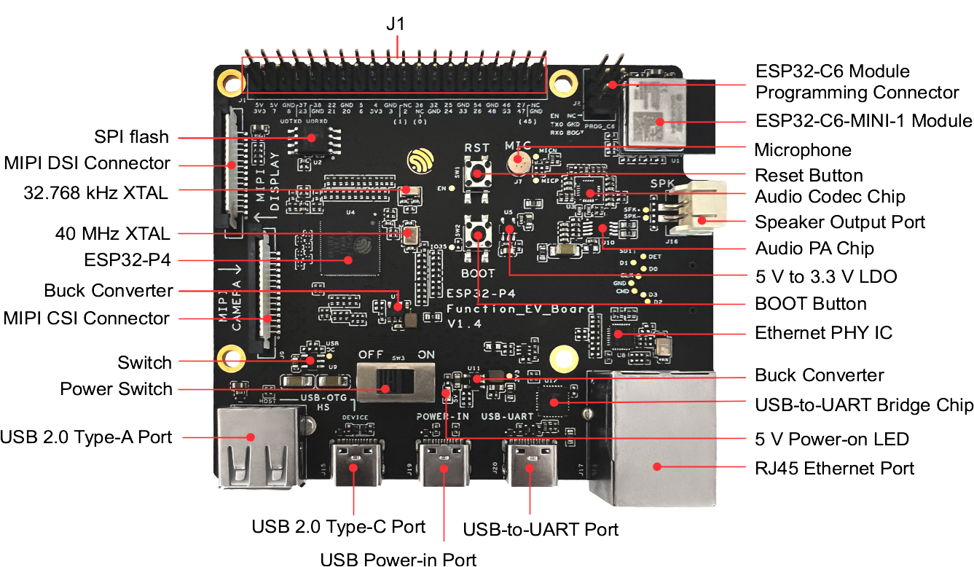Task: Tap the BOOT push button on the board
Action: pos(478,234)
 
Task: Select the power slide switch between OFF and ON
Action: pos(393,379)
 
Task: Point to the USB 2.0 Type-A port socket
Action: pos(258,448)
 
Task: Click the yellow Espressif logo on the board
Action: pos(421,161)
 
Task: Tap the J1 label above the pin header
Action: pos(395,25)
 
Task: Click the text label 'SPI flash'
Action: pos(132,137)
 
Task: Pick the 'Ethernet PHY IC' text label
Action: pos(823,333)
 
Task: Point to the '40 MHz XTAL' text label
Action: pos(113,234)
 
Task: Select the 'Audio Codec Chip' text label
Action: pos(830,197)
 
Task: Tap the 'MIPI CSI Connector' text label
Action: pos(87,318)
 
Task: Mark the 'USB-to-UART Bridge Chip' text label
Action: pos(864,405)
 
